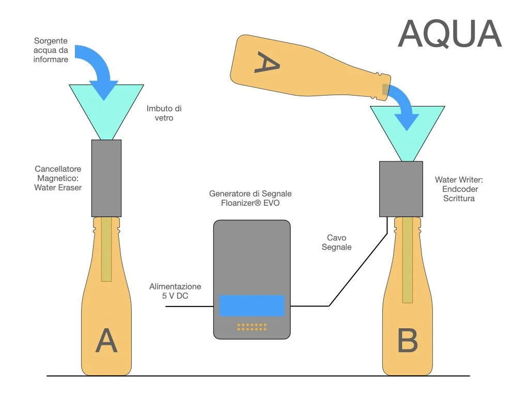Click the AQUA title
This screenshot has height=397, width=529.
pos(449,34)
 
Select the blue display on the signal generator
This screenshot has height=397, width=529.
pos(252,306)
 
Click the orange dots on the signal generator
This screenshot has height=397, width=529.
pos(252,327)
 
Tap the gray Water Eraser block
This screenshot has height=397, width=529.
pos(106,178)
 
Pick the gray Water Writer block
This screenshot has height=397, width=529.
pos(401,189)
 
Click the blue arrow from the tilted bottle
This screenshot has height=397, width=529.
pos(405,106)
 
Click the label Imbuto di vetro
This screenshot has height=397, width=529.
pos(164,113)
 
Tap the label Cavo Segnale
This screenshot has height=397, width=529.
pos(336,242)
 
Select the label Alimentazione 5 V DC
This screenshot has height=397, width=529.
pos(175,291)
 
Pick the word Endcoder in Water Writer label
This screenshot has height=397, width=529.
pos(460,189)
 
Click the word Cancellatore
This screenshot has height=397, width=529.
pos(58,169)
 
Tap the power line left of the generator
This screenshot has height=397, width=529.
pos(189,307)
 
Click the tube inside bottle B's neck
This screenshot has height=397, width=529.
pos(407,258)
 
